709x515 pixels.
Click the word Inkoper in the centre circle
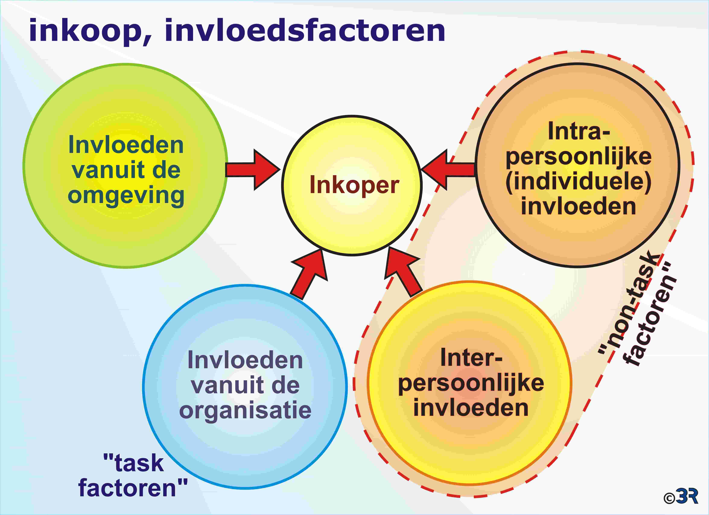click(x=354, y=185)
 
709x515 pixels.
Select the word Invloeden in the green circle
click(x=126, y=145)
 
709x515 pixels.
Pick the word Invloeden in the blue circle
click(x=245, y=360)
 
